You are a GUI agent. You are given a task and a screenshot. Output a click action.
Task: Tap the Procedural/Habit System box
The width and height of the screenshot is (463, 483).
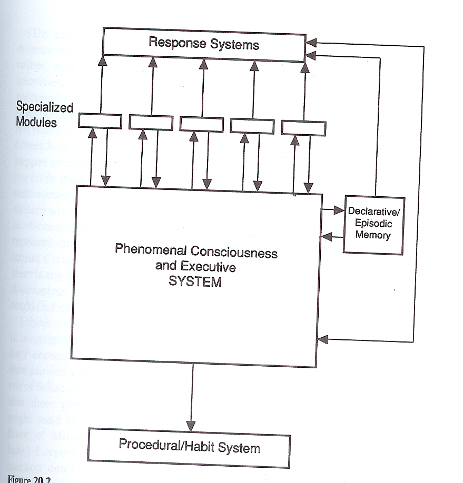(x=190, y=448)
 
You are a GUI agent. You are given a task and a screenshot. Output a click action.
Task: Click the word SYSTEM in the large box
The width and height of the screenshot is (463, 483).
(x=195, y=281)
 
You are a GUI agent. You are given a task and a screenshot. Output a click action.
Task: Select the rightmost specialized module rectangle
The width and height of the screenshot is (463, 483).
(x=303, y=127)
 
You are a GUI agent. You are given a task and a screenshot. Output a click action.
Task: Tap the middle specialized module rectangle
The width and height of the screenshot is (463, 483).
(x=202, y=124)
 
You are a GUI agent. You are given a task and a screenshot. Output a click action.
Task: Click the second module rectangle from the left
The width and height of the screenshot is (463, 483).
(x=151, y=122)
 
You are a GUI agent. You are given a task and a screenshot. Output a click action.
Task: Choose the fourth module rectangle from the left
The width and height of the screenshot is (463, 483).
(x=252, y=126)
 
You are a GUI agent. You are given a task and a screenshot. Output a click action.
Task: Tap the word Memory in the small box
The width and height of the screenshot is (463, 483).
(x=373, y=235)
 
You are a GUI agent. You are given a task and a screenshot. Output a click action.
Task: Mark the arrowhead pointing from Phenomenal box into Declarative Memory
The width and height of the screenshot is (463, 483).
(x=339, y=210)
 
